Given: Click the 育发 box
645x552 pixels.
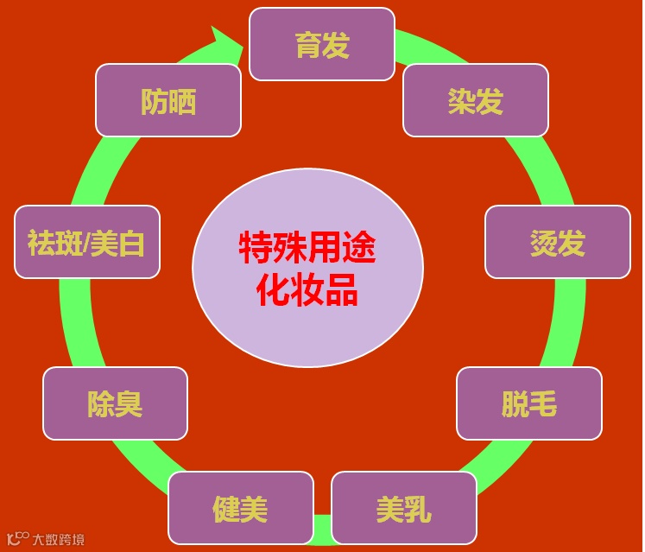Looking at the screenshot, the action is (x=321, y=44).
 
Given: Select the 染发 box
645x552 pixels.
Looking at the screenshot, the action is (x=475, y=100).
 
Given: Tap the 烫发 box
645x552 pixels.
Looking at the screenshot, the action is (x=557, y=242).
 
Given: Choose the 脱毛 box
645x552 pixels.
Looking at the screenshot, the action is (x=528, y=403).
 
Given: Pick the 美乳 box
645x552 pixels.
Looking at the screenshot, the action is (x=403, y=508).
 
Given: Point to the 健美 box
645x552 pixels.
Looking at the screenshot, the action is (x=240, y=508).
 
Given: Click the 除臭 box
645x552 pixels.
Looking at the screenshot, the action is (x=115, y=403).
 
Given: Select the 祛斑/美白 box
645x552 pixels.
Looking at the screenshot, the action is (x=86, y=242).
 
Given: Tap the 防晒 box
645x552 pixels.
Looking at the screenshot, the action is (x=168, y=100).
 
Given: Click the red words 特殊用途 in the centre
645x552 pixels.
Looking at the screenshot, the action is (x=307, y=248).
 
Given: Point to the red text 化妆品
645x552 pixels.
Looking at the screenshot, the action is (x=307, y=291).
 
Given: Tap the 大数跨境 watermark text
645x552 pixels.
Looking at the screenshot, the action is (x=59, y=540).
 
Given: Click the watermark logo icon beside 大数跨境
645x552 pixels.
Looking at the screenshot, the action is (x=17, y=538).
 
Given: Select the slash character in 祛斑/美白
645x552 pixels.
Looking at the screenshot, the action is (x=86, y=243).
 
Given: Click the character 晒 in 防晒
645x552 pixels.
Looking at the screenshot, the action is (x=183, y=101).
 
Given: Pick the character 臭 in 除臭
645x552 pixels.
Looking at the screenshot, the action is (x=130, y=404).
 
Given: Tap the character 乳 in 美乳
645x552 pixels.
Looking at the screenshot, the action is (x=418, y=509).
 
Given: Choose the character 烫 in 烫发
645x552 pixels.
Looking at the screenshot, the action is (x=543, y=243).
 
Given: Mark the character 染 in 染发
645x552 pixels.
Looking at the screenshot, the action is (x=460, y=101).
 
